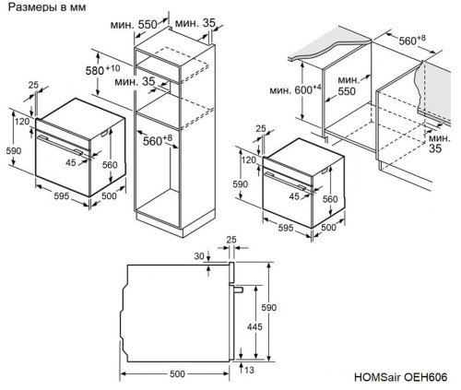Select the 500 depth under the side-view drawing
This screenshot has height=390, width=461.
(x=177, y=373)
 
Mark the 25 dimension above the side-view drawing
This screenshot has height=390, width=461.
(x=230, y=239)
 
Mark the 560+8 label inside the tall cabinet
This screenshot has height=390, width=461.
(x=159, y=140)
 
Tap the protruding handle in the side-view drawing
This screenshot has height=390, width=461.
(x=238, y=289)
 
